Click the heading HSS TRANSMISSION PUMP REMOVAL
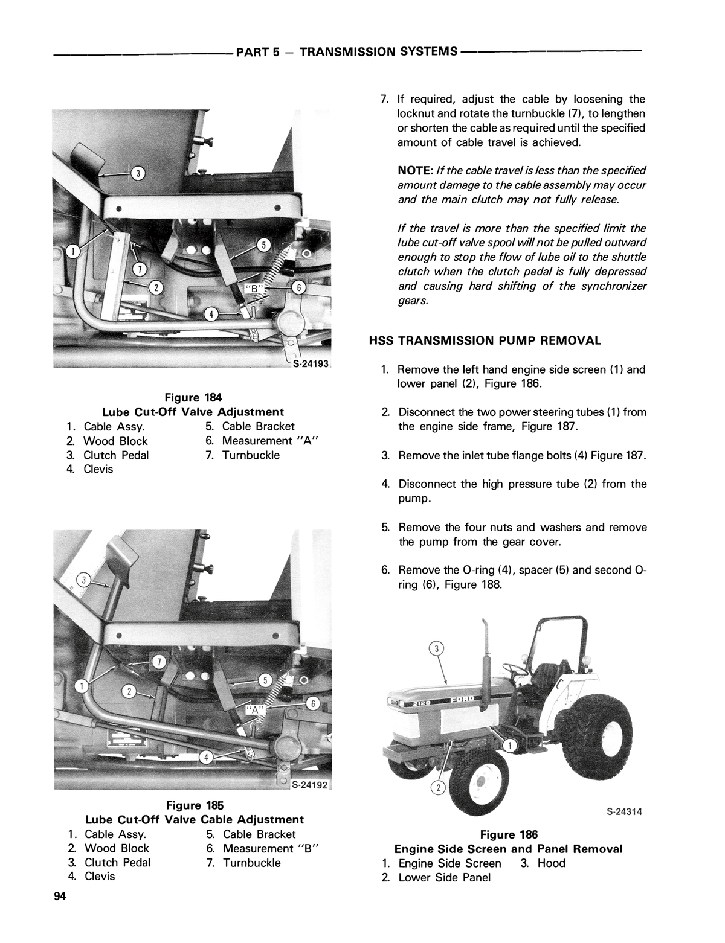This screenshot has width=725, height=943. [x=485, y=340]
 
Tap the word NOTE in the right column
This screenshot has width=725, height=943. [x=414, y=171]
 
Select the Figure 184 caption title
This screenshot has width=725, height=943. [x=193, y=397]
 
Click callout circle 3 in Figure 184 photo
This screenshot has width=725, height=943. [x=138, y=174]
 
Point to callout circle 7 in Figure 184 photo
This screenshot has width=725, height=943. [x=139, y=267]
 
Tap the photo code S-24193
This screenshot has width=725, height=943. [x=309, y=364]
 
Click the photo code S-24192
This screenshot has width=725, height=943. [x=309, y=785]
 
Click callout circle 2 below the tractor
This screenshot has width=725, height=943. [x=438, y=788]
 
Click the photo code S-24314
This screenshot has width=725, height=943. [x=623, y=811]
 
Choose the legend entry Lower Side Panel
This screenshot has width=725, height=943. [x=444, y=877]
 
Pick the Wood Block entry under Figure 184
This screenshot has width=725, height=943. [x=115, y=441]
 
